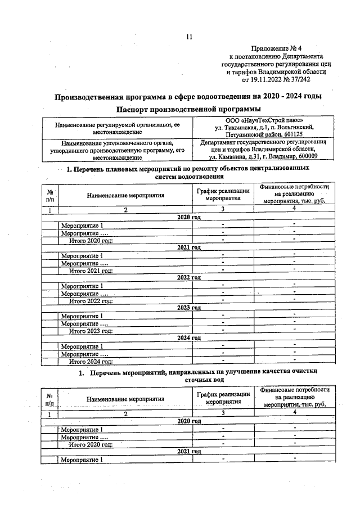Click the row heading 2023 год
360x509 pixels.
pos(189,308)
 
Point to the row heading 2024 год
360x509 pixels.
pos(189,337)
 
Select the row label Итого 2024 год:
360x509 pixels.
pos(91,361)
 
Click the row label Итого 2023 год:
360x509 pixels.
pos(91,331)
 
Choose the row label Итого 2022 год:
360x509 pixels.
pos(91,301)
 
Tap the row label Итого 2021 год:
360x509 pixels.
pos(91,271)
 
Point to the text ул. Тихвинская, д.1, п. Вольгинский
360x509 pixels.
pos(263,128)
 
